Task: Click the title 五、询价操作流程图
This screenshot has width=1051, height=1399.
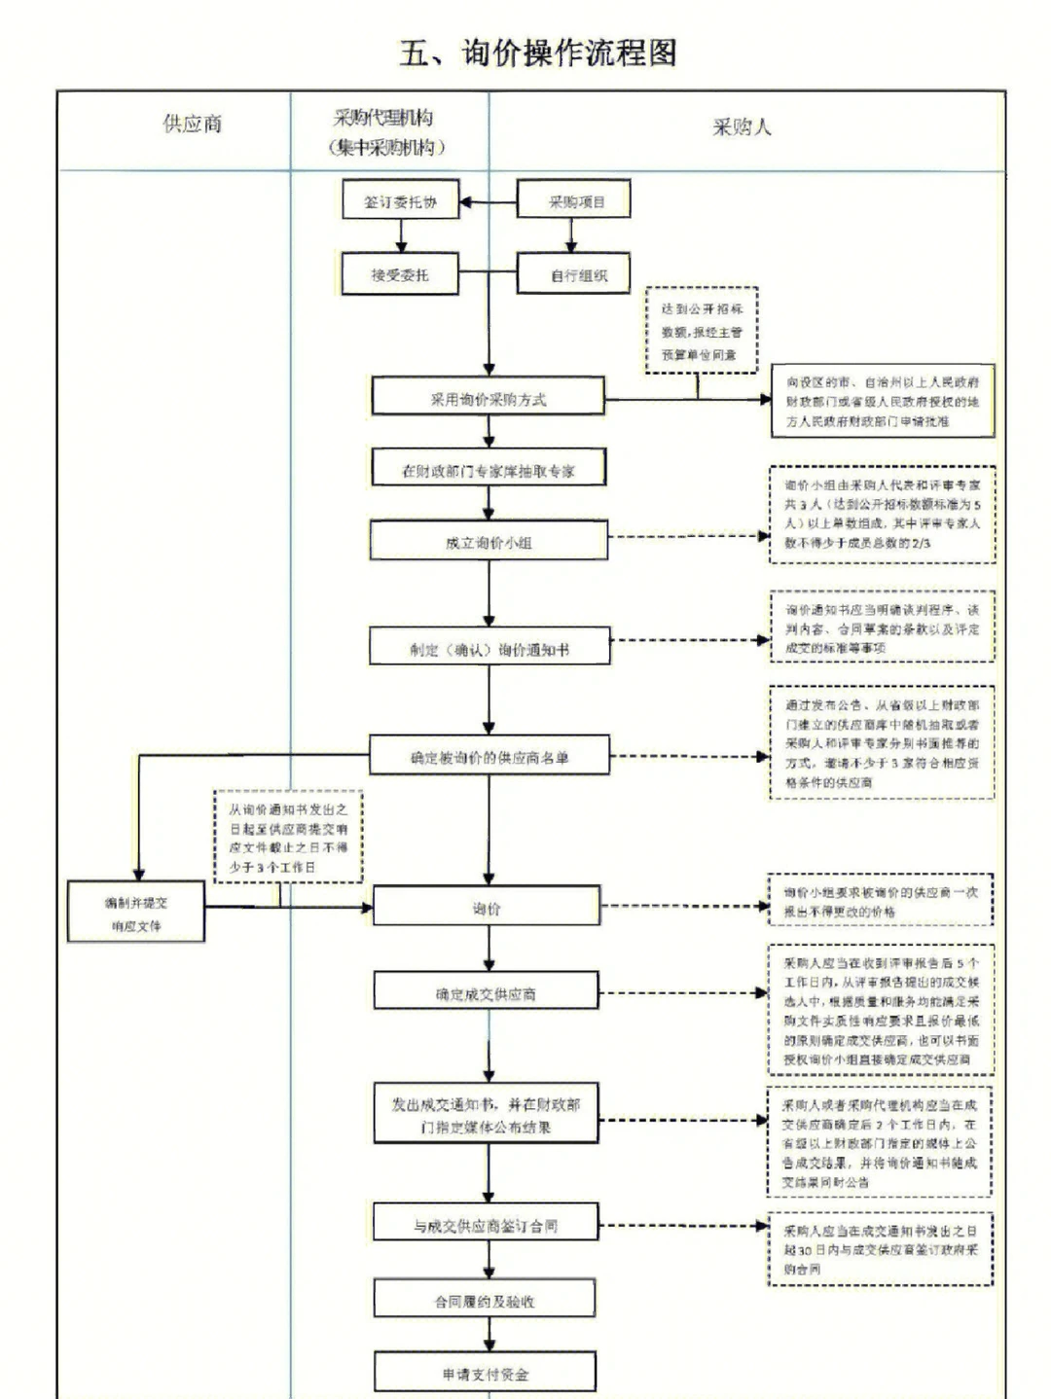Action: (537, 53)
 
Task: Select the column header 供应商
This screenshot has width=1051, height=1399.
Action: (192, 125)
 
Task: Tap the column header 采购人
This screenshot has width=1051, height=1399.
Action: (742, 127)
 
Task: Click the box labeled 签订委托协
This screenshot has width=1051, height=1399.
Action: (400, 202)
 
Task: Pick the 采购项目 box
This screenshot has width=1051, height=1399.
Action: (574, 201)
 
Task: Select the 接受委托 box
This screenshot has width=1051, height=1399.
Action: (399, 275)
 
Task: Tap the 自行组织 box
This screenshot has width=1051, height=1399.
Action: (574, 275)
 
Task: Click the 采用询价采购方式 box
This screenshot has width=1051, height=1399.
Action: (488, 399)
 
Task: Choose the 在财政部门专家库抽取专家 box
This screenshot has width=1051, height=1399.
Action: (489, 471)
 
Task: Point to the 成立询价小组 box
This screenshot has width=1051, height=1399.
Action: (489, 542)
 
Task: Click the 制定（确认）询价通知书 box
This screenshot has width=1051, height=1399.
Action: (489, 649)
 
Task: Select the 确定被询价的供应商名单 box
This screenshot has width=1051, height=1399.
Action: (489, 756)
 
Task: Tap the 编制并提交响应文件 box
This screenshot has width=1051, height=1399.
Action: (136, 914)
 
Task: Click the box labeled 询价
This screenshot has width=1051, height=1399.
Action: (487, 908)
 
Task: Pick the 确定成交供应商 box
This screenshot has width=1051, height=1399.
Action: (486, 993)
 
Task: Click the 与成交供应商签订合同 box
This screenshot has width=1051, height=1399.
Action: (485, 1226)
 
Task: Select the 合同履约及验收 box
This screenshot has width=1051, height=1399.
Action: (485, 1301)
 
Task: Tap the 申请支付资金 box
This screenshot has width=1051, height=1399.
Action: (485, 1374)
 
